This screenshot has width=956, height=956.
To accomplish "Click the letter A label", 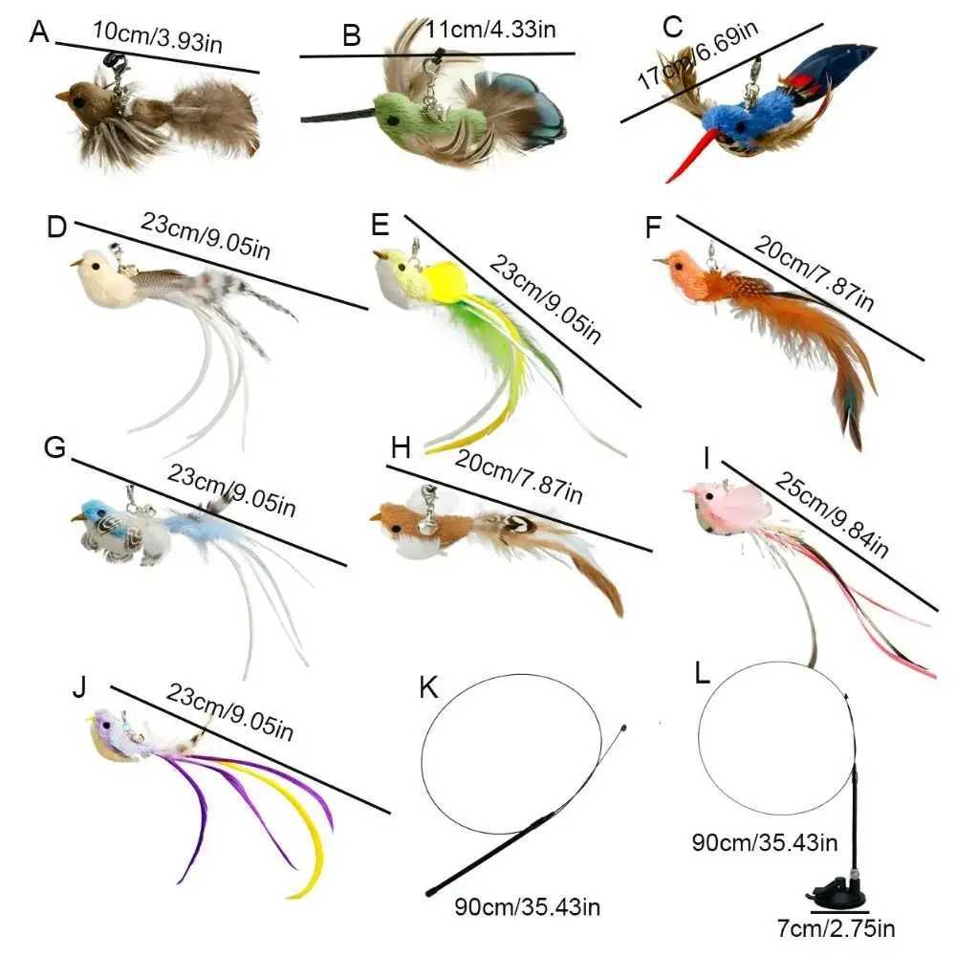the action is click(39, 32).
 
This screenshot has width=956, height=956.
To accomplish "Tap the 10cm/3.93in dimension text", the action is click(158, 36).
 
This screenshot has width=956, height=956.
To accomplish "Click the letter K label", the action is click(428, 687).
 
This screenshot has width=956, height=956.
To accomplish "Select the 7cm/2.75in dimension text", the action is click(836, 928).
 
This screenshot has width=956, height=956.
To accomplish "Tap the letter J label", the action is click(79, 687).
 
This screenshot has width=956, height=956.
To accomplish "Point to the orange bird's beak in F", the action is click(661, 260).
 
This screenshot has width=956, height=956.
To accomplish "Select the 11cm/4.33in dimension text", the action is click(490, 30).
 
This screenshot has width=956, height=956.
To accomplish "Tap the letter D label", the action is click(56, 227).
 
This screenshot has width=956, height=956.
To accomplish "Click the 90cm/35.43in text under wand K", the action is click(528, 906).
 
